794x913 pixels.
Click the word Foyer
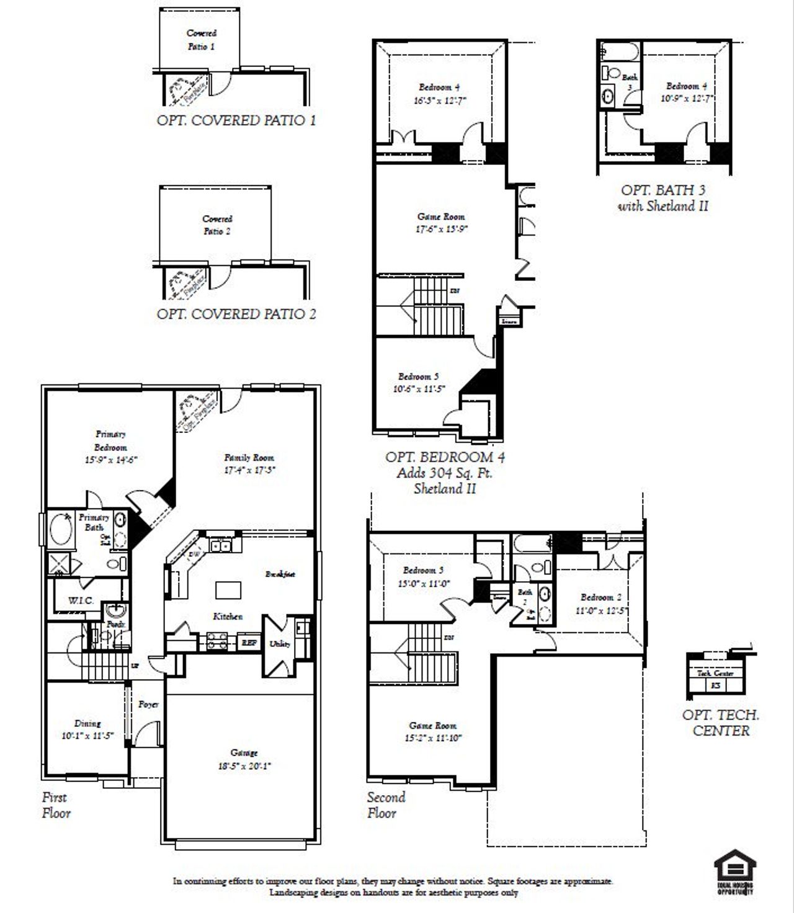pos(148,705)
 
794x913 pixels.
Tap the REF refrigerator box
pos(249,643)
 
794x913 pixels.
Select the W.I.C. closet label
pos(81,600)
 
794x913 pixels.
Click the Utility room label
pos(280,644)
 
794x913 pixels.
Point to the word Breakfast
pos(280,574)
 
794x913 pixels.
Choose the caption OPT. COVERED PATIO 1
pos(236,120)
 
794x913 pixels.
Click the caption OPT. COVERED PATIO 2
pos(236,314)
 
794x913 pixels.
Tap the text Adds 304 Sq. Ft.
pos(445,473)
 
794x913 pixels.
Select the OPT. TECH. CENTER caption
pos(721,723)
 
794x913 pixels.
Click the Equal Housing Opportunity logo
pos(735,871)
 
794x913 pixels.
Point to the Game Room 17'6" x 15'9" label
pos(441,223)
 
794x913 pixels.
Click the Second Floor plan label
pos(386,805)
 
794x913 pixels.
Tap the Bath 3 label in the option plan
pos(630,81)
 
